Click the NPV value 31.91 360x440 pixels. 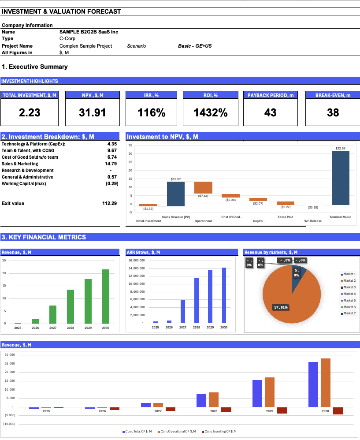pos(93,112)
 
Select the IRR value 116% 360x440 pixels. pos(152,112)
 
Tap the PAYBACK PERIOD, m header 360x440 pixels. pos(270,95)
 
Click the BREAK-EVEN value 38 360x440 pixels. pos(333,112)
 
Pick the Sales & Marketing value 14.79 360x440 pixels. pos(112,164)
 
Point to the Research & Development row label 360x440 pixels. pos(28,171)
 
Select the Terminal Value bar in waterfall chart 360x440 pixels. pos(340,178)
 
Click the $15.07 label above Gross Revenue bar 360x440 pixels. pos(175,179)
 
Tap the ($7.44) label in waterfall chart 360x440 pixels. pos(203,196)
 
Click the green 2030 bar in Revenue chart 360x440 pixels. pos(106,296)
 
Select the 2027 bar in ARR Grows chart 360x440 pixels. pos(183,311)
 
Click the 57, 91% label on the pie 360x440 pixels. pos(280,307)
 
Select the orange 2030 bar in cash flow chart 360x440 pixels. pos(326,382)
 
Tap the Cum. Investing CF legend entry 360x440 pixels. pos(220,431)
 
